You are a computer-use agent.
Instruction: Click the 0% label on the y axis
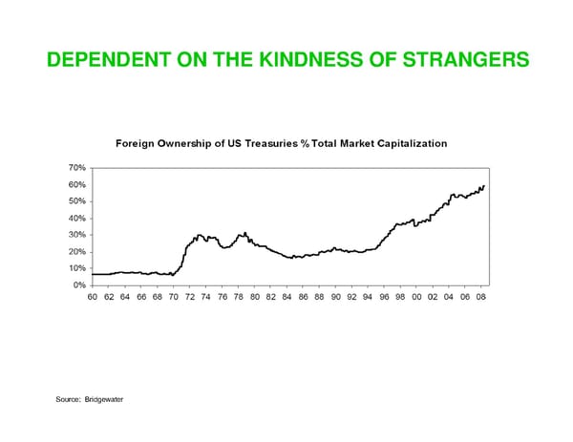pyautogui.click(x=80, y=285)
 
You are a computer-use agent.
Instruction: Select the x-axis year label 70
pyautogui.click(x=174, y=298)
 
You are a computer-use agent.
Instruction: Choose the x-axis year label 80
pyautogui.click(x=255, y=298)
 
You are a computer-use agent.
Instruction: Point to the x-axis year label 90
pyautogui.click(x=336, y=298)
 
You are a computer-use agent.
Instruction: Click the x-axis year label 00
pyautogui.click(x=417, y=298)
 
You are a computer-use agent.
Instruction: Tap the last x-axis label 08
pyautogui.click(x=482, y=298)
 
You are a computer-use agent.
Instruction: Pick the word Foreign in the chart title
pyautogui.click(x=138, y=143)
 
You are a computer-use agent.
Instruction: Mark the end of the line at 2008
pyautogui.click(x=484, y=185)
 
